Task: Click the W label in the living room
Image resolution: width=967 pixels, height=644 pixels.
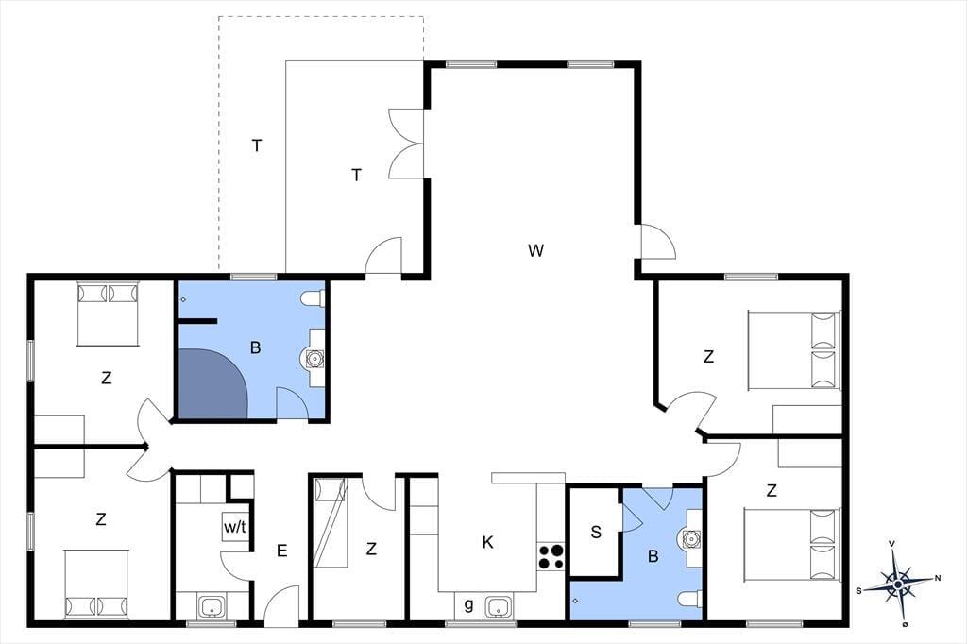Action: click(536, 250)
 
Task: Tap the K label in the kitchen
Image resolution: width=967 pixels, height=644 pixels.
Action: click(488, 542)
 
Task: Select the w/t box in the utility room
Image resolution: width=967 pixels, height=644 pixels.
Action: click(235, 527)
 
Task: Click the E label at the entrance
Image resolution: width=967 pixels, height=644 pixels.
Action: click(281, 551)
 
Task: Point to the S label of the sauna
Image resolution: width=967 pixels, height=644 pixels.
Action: click(596, 532)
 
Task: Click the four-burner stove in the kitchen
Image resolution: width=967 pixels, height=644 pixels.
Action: click(551, 556)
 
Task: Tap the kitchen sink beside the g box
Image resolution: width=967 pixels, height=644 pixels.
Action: click(498, 606)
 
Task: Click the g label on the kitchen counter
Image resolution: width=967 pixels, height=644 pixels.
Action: click(468, 604)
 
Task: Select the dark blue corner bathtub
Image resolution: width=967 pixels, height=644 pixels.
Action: click(212, 383)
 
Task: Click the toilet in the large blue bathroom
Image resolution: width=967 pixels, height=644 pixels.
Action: click(313, 299)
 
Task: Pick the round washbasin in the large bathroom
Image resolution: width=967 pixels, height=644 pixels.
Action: click(314, 359)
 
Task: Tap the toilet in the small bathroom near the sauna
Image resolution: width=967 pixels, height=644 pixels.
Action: click(690, 598)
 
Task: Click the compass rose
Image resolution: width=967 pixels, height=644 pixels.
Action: click(898, 583)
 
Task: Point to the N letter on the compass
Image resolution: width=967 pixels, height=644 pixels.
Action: click(938, 578)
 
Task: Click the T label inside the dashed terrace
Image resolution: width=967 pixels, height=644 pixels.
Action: click(257, 145)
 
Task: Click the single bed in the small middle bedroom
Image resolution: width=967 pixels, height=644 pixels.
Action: click(331, 522)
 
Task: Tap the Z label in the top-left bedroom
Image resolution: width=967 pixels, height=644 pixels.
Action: click(106, 378)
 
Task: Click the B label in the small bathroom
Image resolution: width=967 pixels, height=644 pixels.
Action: click(653, 556)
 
